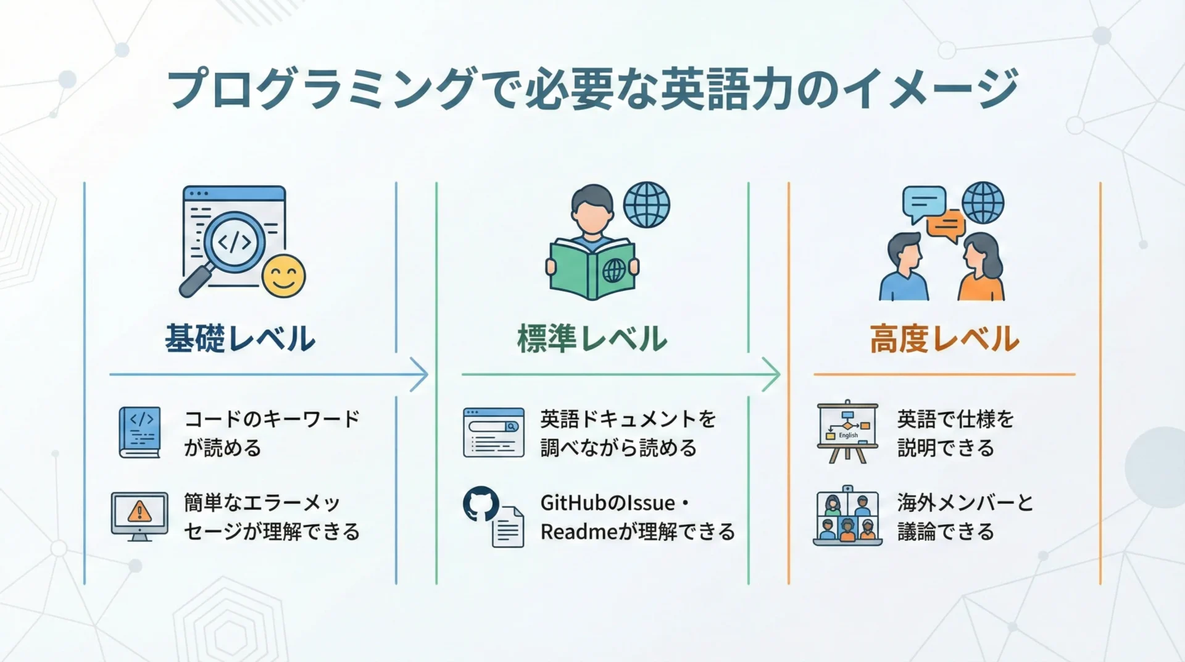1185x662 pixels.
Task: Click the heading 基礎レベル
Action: click(240, 339)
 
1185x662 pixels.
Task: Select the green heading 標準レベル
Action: click(592, 339)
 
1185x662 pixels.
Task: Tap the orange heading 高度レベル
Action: click(944, 339)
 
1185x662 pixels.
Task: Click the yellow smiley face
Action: click(283, 275)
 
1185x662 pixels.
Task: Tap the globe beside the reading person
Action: click(646, 204)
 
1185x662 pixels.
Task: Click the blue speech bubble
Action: click(924, 204)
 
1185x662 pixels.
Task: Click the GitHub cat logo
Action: click(481, 504)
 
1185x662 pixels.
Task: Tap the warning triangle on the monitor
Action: click(139, 511)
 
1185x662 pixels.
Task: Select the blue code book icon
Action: click(139, 432)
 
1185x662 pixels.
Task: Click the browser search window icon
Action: click(494, 432)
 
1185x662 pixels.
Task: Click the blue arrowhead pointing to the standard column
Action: click(419, 374)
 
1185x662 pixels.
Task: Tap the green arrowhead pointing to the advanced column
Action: click(771, 374)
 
